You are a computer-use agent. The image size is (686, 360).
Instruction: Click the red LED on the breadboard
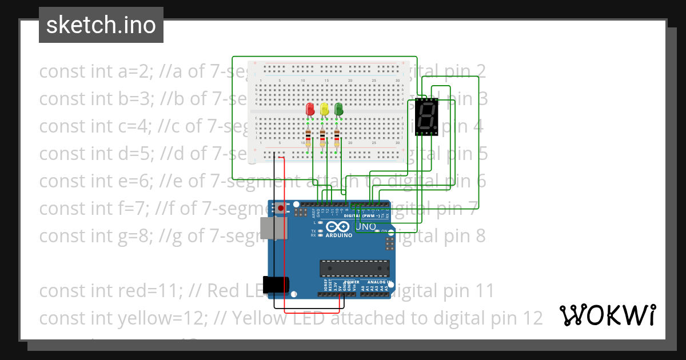tap(310, 109)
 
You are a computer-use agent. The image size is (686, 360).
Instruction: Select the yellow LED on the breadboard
tap(324, 109)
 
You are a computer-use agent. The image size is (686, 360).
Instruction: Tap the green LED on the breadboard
tap(338, 109)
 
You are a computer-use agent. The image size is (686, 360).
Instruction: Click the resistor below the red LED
tap(309, 138)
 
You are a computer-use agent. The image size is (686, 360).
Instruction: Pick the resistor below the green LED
tap(337, 138)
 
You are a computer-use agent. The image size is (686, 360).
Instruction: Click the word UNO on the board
tap(366, 227)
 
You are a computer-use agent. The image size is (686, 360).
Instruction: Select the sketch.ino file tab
tap(101, 25)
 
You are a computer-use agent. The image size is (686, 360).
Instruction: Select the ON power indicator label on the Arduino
tap(385, 231)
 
